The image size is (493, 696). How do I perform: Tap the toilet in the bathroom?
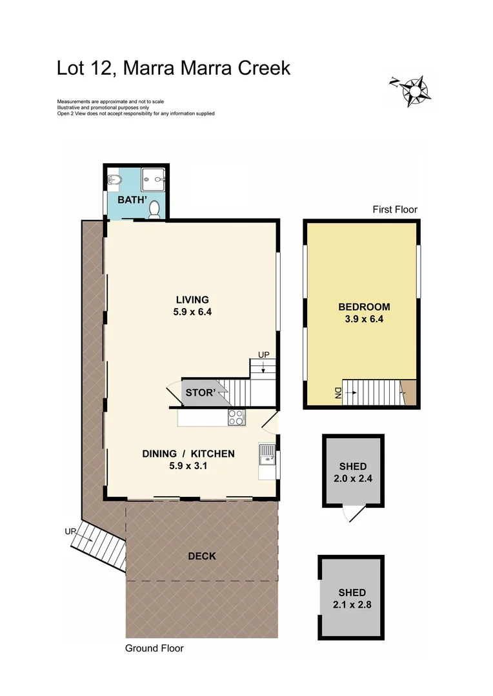point(154,209)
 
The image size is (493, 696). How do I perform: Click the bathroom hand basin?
point(113,179)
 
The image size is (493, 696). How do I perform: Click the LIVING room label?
point(192,299)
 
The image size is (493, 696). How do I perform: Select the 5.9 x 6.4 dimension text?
point(192,311)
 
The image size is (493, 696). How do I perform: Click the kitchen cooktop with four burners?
point(236,418)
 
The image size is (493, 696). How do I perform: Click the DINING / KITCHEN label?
point(188,454)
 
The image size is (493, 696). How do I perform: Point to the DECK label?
point(201,556)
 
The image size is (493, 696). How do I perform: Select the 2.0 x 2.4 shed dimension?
point(353,478)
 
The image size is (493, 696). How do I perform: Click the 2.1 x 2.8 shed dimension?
point(352,604)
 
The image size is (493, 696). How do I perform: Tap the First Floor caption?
point(395,209)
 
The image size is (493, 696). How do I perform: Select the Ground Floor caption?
point(154,648)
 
